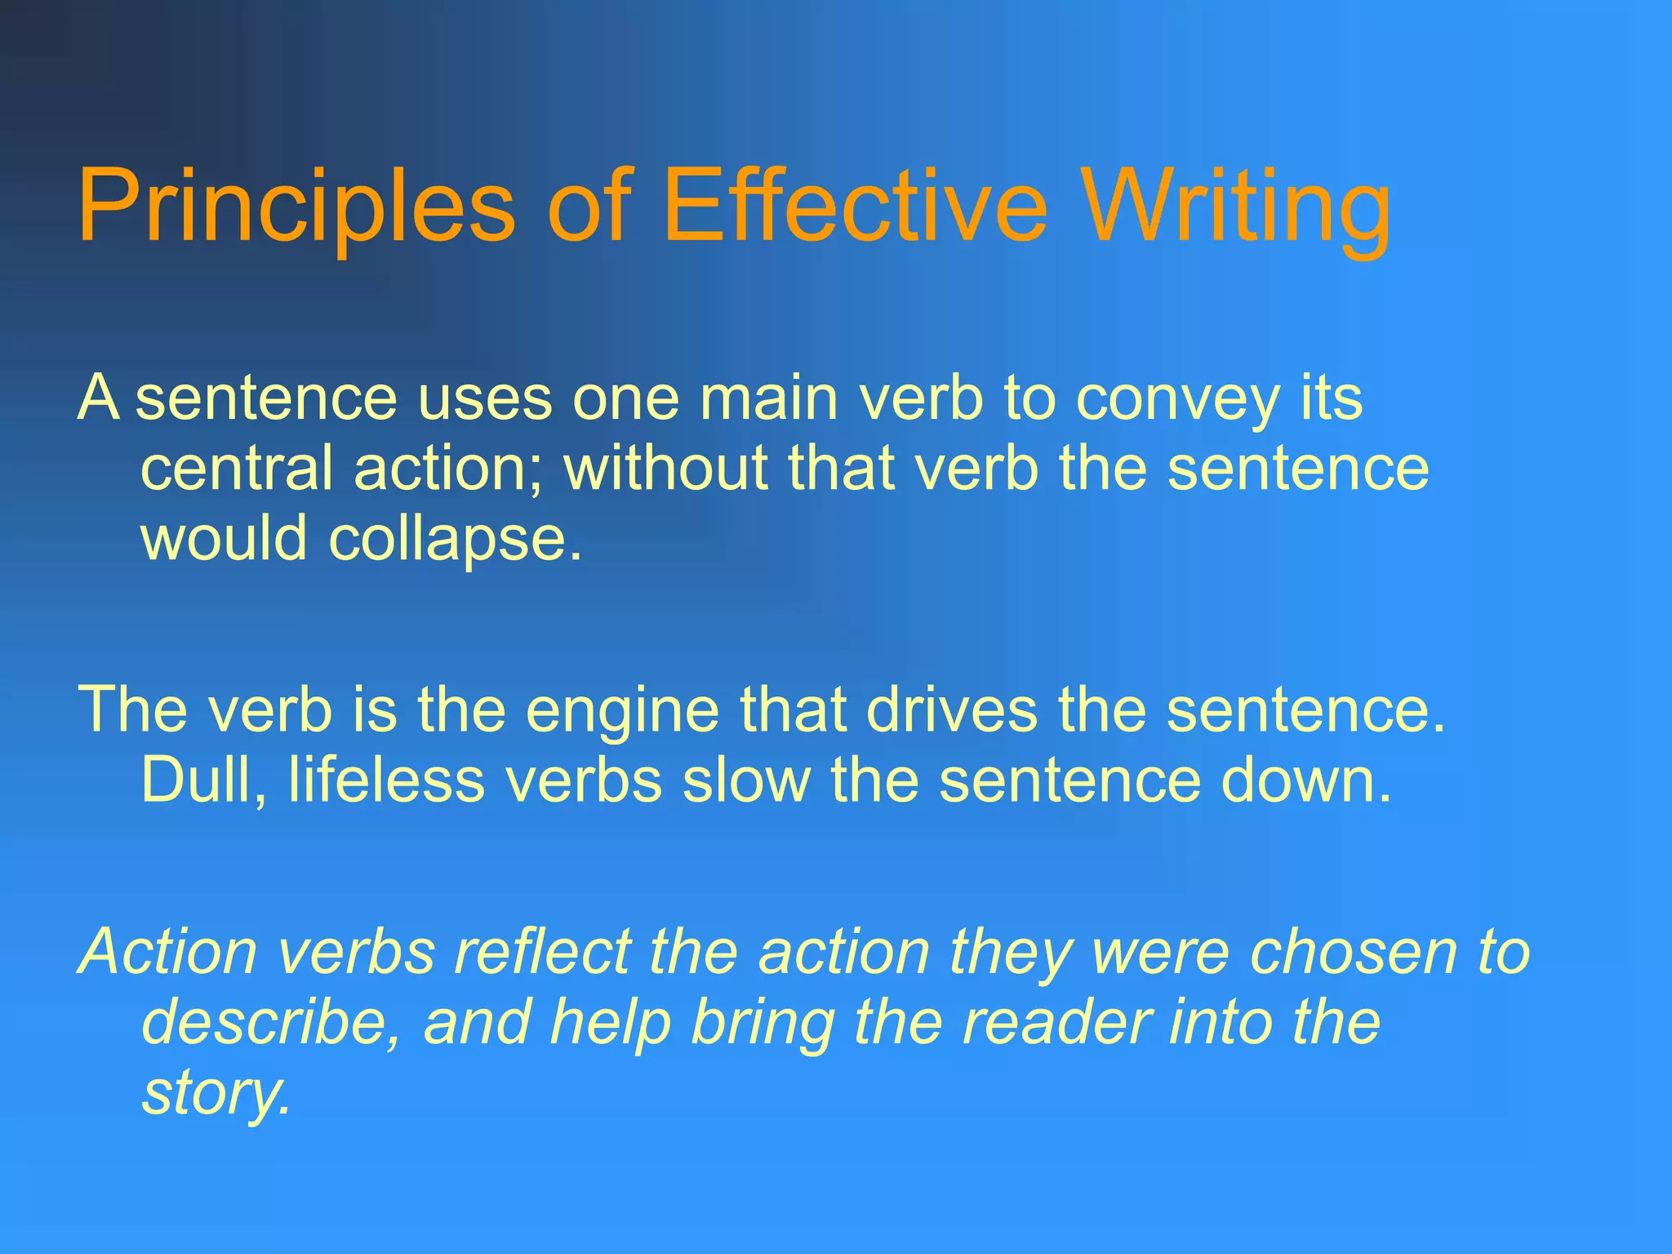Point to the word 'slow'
point(746,780)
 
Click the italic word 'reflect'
point(543,951)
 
